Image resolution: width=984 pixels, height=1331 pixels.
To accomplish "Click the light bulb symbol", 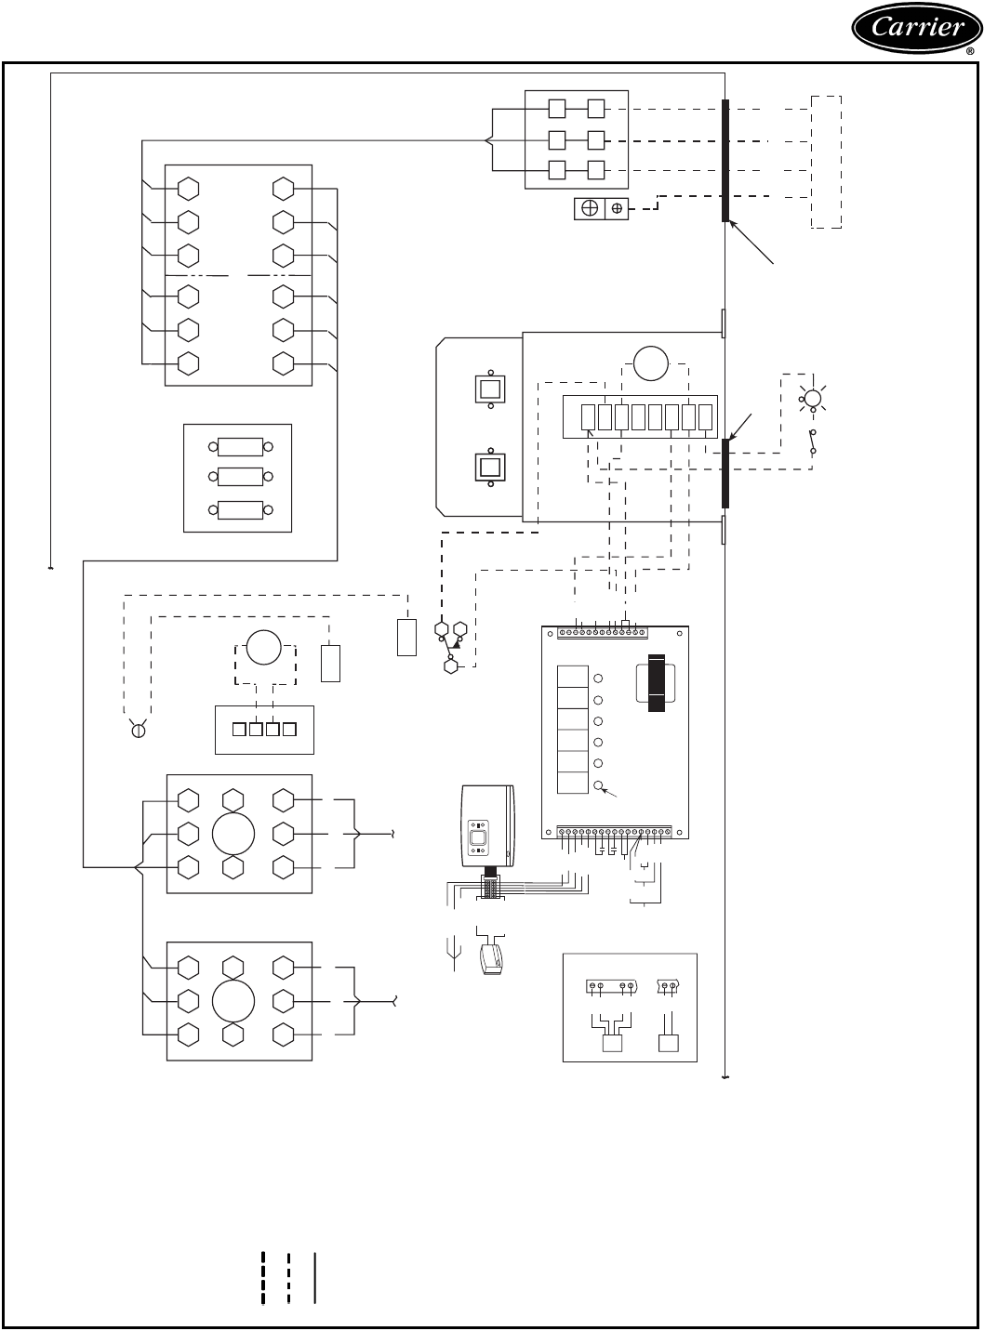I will point(812,400).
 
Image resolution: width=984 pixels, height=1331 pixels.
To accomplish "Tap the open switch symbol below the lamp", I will point(813,442).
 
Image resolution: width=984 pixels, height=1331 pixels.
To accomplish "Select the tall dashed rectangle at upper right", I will point(827,161).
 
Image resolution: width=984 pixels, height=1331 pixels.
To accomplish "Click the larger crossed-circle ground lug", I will point(589,209).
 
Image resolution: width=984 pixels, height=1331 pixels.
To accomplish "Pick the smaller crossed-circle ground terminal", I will point(617,209).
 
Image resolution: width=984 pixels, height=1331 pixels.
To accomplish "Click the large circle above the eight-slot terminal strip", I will point(651,362).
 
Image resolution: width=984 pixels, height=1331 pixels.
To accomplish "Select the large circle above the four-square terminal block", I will point(263,648).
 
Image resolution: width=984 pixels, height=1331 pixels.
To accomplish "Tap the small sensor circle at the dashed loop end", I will point(138,731).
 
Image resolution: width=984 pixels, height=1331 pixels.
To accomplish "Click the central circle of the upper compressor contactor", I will point(233,834).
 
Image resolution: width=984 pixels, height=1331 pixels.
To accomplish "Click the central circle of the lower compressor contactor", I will point(233,1001).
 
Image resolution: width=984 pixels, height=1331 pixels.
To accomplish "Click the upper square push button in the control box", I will point(490,389).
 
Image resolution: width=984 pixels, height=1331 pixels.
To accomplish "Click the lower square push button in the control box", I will point(490,467).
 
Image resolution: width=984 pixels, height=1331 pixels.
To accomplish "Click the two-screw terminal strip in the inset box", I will point(668,987).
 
